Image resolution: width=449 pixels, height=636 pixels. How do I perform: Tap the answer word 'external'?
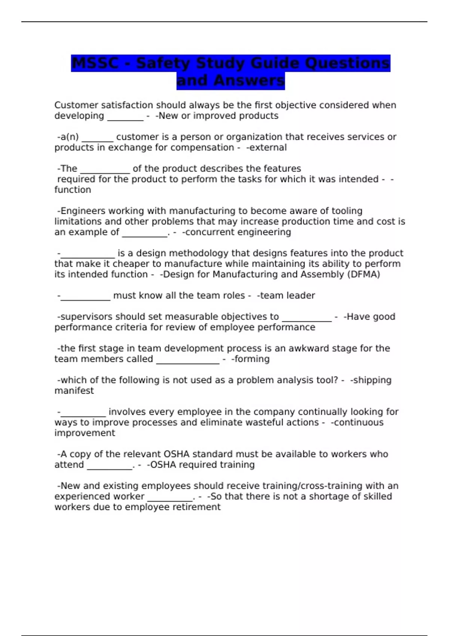268,148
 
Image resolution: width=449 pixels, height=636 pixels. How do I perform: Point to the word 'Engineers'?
82,211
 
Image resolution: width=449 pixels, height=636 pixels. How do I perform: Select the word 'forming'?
252,359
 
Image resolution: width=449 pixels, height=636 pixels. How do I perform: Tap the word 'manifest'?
74,391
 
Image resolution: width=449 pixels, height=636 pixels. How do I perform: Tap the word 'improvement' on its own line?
85,433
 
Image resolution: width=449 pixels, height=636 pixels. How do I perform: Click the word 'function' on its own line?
73,190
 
